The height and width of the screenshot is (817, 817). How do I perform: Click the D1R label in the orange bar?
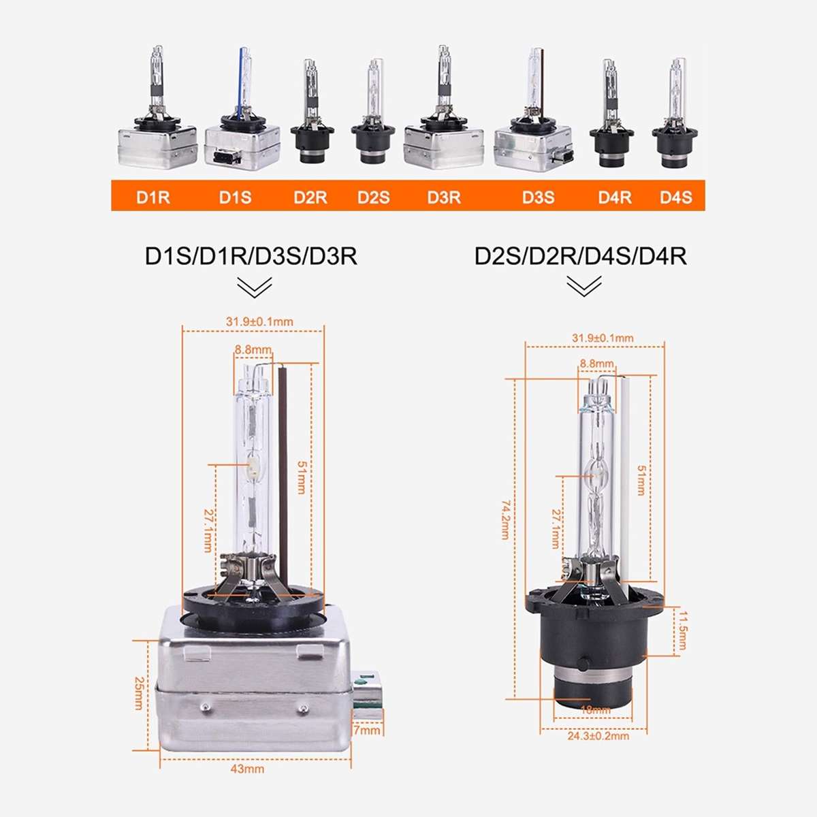[153, 197]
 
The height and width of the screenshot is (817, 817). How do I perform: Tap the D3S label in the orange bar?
[538, 197]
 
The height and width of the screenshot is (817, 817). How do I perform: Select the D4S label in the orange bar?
[675, 197]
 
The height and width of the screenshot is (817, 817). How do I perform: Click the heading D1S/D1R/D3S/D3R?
[251, 256]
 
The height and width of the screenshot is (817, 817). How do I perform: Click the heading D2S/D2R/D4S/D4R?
[581, 256]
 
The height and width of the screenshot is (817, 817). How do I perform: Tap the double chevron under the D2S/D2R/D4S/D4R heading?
[583, 286]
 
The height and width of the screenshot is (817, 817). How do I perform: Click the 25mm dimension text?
[139, 692]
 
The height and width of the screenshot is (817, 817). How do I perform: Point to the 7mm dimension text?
[368, 730]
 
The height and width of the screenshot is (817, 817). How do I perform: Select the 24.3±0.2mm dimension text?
[598, 735]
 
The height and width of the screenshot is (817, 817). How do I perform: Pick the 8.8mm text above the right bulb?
[596, 364]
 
